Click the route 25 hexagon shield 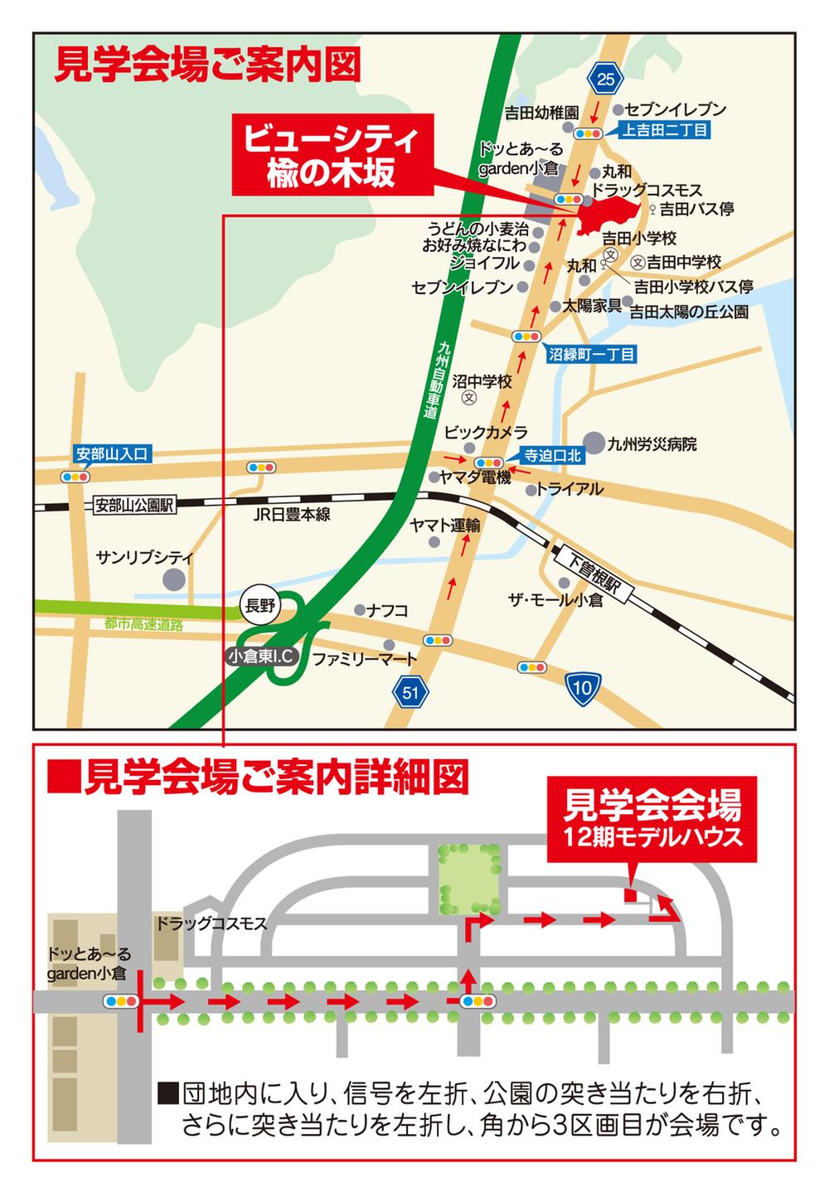606,80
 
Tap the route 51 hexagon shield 411,691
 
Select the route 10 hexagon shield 582,686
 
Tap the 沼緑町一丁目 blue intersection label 591,354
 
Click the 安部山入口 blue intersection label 111,453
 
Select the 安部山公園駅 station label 133,505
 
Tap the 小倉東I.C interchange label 262,656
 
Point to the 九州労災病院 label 652,443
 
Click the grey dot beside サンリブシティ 174,579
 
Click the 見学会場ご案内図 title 207,64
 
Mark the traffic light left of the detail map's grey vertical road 120,1000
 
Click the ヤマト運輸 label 445,525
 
